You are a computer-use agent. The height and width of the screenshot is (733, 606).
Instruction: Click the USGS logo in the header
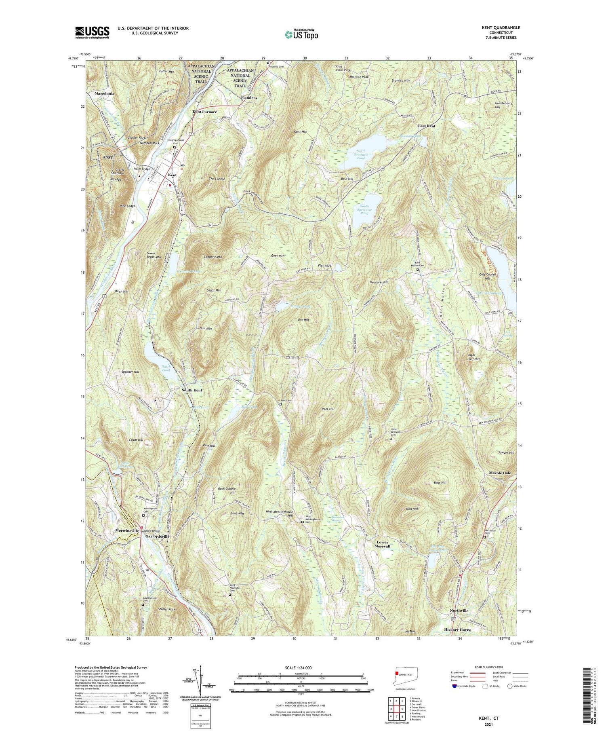coord(92,32)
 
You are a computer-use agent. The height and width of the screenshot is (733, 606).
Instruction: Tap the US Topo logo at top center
coord(301,34)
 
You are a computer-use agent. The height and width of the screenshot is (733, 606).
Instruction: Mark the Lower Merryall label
coord(383,544)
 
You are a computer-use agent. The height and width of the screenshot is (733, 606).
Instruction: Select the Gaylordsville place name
coord(157,537)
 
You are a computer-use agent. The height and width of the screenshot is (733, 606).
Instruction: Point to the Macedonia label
coord(104,93)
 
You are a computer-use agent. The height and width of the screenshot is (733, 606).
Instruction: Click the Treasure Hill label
coord(378,282)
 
